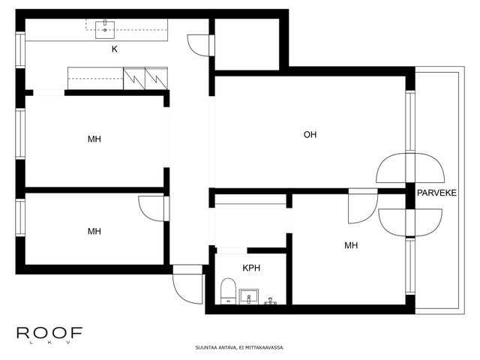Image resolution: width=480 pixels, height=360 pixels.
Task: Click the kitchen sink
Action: coord(105,30)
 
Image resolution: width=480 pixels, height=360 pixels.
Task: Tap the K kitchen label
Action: coord(115,49)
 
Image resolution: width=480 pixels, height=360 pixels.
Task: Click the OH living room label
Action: coord(310,134)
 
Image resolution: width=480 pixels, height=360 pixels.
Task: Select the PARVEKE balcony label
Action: coord(436,193)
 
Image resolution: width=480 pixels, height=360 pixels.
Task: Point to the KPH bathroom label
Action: coord(251,268)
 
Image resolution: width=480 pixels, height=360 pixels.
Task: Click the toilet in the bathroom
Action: coord(228,291)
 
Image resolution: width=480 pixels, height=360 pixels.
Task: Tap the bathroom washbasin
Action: coord(249,296)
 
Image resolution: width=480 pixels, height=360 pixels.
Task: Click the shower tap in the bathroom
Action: coord(270,301)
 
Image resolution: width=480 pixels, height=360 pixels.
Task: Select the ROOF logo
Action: coord(49,333)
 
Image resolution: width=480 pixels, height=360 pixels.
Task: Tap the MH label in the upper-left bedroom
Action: coord(94,139)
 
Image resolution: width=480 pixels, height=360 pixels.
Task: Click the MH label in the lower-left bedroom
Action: coord(94,231)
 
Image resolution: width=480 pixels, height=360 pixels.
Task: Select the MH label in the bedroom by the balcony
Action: coord(351,245)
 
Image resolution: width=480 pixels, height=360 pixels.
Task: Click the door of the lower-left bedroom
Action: coord(152,208)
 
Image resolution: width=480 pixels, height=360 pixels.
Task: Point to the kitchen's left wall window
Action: coord(20,50)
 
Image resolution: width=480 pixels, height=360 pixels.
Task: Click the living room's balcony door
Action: coord(410,168)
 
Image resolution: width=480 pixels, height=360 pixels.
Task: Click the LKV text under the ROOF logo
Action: coord(49,342)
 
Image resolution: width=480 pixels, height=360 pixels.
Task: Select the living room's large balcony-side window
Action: coord(410,121)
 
